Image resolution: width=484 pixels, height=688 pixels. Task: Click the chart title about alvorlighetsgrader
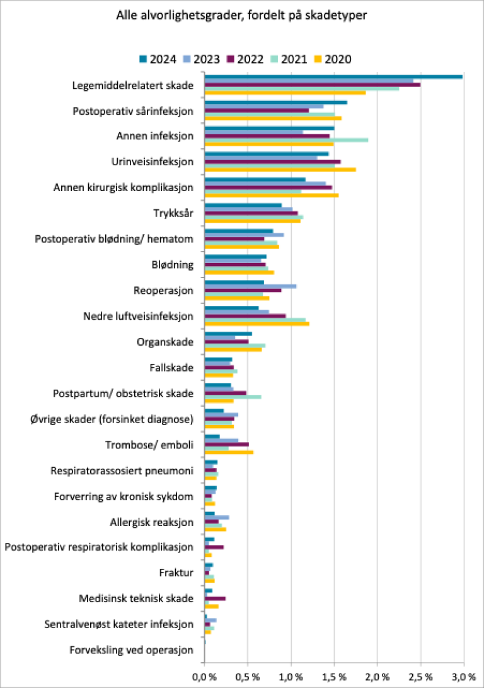[x=242, y=15]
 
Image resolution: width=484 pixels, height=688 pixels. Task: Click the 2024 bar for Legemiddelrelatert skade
[x=333, y=77]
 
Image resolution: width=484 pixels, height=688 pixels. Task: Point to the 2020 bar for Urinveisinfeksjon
[x=280, y=170]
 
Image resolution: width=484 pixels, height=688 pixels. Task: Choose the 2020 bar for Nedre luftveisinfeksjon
[x=256, y=324]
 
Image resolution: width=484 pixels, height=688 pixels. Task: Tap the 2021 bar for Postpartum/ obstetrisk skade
[x=233, y=397]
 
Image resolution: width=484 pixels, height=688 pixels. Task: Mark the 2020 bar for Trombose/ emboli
[x=229, y=452]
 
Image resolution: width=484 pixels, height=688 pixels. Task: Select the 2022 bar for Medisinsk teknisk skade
[x=215, y=598]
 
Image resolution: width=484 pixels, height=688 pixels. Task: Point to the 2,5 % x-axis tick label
[x=420, y=677]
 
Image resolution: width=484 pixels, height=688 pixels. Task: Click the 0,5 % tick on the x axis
[x=248, y=677]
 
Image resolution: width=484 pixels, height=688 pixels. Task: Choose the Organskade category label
[x=165, y=342]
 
